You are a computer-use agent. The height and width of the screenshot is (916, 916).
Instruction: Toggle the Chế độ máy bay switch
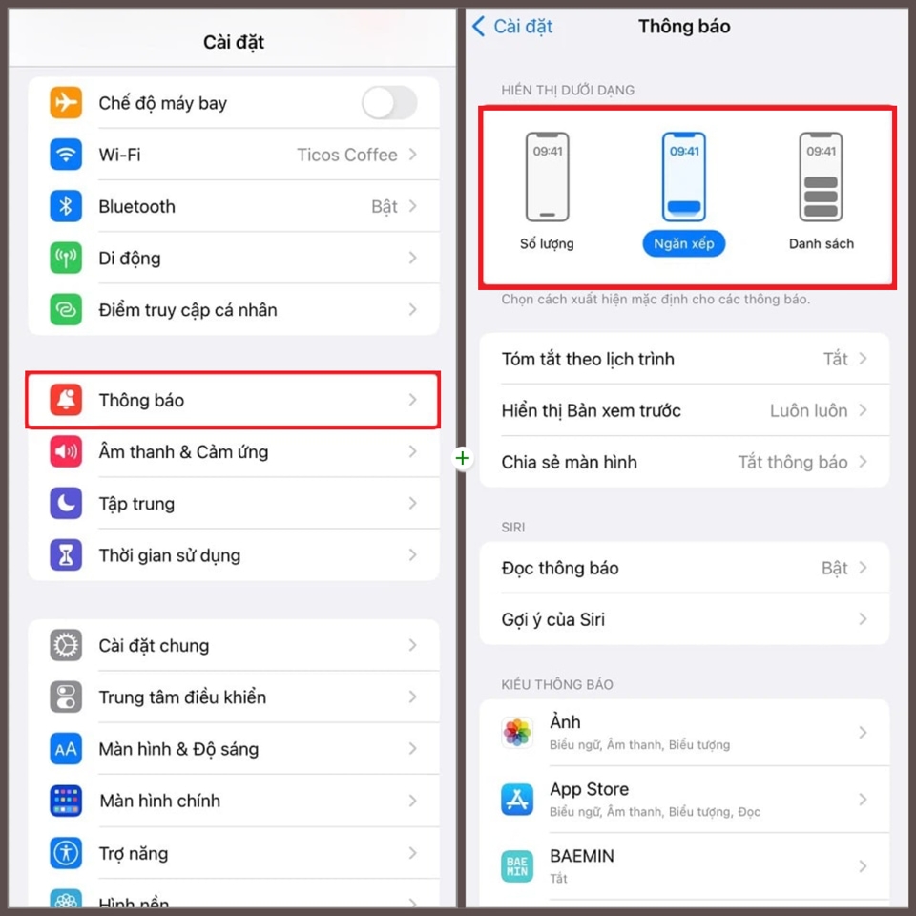pos(389,103)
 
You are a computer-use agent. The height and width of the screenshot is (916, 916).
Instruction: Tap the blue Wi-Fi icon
pos(66,155)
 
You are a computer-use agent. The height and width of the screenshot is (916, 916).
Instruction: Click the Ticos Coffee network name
pos(346,155)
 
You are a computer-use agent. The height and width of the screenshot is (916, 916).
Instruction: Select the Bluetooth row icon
pos(66,206)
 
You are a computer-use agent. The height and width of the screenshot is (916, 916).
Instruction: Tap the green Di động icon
pos(66,258)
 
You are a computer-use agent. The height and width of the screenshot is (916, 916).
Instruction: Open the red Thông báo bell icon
pos(66,401)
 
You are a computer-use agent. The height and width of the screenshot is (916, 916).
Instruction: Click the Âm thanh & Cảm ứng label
pos(183,452)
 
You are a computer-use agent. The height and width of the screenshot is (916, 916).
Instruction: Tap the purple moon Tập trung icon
pos(66,504)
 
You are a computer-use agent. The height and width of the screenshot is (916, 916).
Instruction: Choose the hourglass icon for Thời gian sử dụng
pos(66,555)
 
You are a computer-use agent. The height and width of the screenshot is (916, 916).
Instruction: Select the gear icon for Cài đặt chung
pos(66,646)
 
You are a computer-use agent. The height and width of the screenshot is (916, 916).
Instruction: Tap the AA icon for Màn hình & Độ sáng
pos(66,749)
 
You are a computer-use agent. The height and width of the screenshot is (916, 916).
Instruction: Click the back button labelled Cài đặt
pos(513,27)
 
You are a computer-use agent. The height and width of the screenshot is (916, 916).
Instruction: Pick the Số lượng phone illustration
pos(547,177)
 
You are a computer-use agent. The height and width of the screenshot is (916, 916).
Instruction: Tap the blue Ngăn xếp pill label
pos(684,244)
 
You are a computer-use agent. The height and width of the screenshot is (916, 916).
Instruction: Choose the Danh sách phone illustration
pos(821,177)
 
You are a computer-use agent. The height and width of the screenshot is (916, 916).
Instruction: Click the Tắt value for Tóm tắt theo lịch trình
pos(836,359)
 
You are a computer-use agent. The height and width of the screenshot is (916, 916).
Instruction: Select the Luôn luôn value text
pos(808,410)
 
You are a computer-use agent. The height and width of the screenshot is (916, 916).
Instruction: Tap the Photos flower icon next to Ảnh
pos(517,733)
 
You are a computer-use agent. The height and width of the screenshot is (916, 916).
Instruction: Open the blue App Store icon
pos(517,800)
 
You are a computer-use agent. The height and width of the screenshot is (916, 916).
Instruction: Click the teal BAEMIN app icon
pos(517,866)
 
